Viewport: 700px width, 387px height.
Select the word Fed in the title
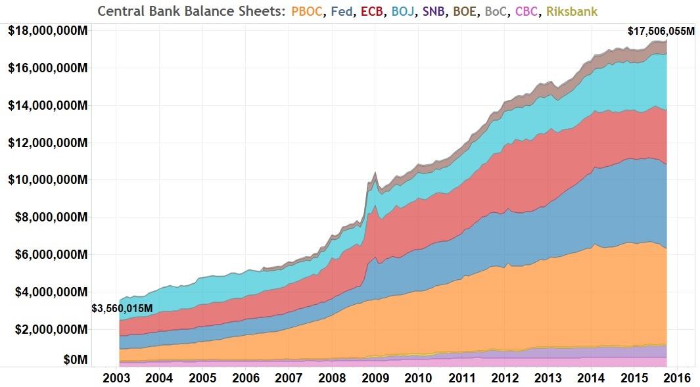(342, 11)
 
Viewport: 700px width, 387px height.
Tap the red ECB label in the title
(373, 11)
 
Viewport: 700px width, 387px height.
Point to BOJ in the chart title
(404, 11)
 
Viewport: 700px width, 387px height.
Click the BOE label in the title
(466, 11)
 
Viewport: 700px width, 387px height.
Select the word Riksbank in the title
(572, 11)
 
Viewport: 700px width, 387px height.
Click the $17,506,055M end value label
(661, 31)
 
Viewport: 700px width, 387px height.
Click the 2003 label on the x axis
(116, 378)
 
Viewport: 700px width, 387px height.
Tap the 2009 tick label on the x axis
(375, 378)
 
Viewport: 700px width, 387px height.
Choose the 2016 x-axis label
(676, 378)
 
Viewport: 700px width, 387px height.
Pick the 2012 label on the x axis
(504, 378)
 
